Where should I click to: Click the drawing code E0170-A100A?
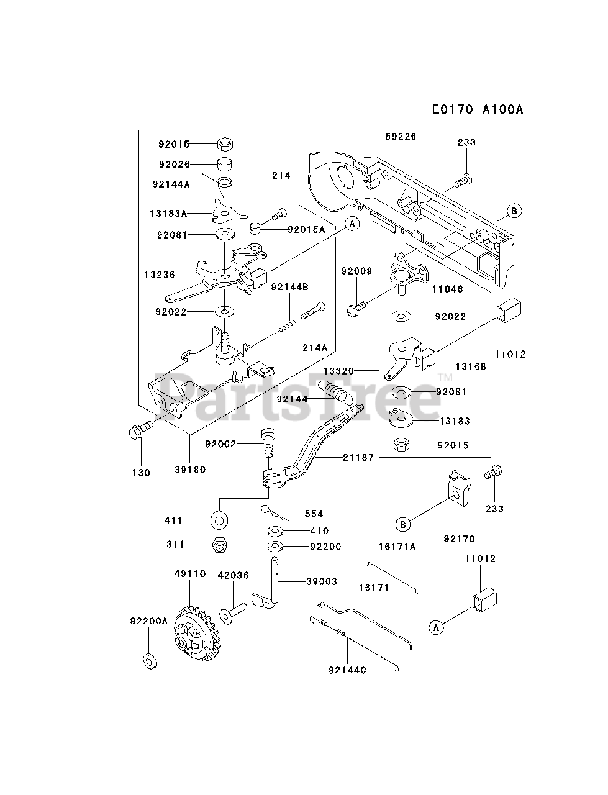click(478, 109)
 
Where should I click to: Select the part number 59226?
click(401, 137)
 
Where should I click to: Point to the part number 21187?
click(358, 458)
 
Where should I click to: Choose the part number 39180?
click(190, 470)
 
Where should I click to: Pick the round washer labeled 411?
click(219, 521)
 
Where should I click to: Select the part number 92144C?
click(347, 670)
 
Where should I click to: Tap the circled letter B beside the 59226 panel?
click(514, 211)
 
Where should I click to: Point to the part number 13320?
click(338, 371)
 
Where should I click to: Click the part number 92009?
click(356, 271)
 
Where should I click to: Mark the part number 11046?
click(448, 289)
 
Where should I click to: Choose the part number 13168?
click(471, 366)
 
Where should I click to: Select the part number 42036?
click(234, 575)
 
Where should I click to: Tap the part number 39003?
click(322, 582)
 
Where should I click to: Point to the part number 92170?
click(460, 539)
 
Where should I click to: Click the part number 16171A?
click(397, 547)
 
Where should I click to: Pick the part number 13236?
click(160, 275)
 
